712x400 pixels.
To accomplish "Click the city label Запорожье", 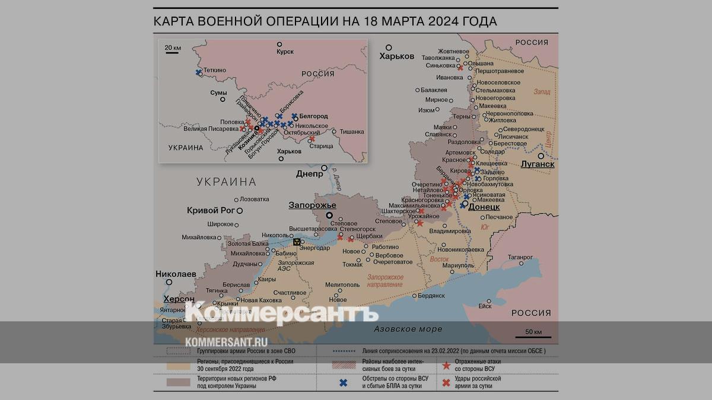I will tap(312, 205).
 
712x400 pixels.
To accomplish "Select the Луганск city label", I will tap(537, 164).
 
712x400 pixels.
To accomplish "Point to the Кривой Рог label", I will tap(211, 210).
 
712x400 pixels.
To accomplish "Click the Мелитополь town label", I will tap(342, 284).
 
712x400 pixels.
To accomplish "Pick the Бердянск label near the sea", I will tap(431, 295).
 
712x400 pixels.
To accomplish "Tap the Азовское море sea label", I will tap(408, 329).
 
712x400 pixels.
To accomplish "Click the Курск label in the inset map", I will tap(285, 52).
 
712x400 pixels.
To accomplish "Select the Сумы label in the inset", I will tap(218, 93).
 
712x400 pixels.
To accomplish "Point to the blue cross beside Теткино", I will tap(198, 72).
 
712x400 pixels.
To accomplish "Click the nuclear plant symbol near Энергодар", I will tap(296, 242).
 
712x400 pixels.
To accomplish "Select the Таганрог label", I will tap(520, 257).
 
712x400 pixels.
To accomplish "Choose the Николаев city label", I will tap(176, 274).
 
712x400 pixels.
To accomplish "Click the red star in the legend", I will tap(446, 365).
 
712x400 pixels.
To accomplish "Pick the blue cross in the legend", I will tap(343, 382).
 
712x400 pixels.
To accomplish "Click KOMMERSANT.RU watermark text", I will tap(226, 342).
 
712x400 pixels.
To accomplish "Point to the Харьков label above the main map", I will tap(397, 56).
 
